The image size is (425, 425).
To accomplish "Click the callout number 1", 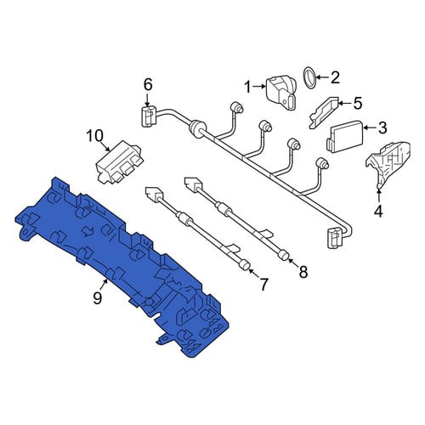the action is click(x=248, y=88).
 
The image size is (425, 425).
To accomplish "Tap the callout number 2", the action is click(x=335, y=77).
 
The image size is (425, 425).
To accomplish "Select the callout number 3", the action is click(x=382, y=127).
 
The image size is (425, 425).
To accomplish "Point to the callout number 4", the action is click(x=378, y=212).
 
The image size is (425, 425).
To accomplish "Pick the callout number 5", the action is click(x=358, y=103).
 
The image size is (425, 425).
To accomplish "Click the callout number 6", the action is click(x=148, y=84).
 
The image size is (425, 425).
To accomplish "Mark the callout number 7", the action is click(x=263, y=285).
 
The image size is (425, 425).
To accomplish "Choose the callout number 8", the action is click(x=303, y=272).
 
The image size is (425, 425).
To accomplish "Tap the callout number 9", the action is click(x=97, y=298).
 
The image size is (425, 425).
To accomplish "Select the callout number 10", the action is click(x=95, y=136).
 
